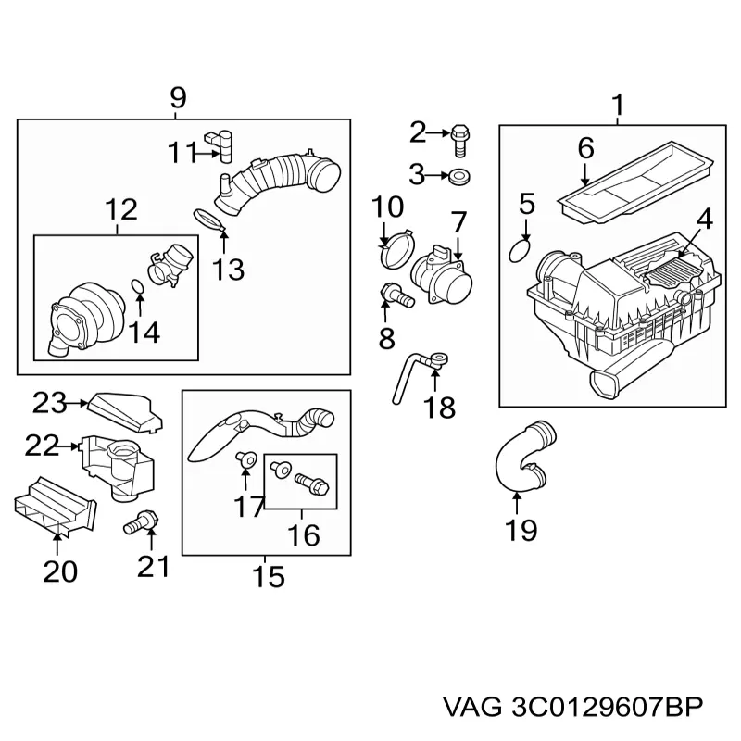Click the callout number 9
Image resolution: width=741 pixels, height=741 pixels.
click(178, 96)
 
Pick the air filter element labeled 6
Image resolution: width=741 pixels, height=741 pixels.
click(635, 190)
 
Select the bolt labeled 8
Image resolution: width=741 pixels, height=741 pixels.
click(396, 296)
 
